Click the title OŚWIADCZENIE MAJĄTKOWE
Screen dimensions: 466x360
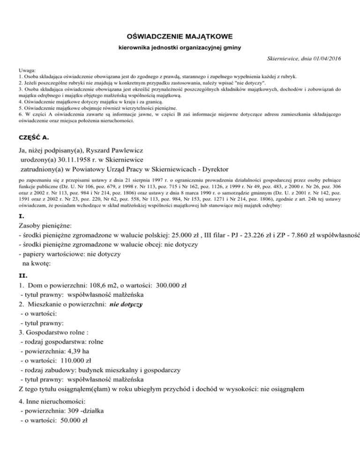(180, 36)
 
